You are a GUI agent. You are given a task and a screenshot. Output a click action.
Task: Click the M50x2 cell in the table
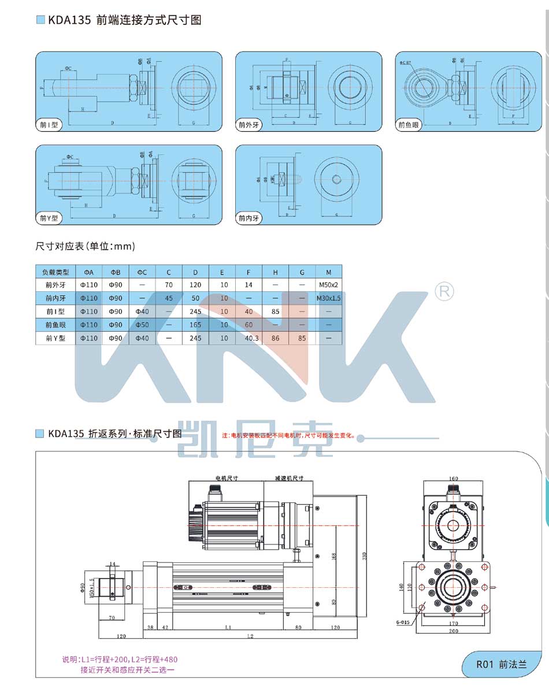pos(328,285)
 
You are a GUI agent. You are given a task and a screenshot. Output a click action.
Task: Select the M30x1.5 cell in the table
pos(328,298)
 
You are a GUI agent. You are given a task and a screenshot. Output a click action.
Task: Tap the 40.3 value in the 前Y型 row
pos(248,338)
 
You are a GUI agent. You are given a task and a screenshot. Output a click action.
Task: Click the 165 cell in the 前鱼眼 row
pos(195,325)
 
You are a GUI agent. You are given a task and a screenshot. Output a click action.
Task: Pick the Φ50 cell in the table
pos(142,325)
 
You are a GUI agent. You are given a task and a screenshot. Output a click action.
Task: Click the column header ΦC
pos(142,272)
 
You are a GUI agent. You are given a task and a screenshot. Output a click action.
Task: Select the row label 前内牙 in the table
pos(55,298)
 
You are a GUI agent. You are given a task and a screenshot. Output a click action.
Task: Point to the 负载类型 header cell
pos(55,272)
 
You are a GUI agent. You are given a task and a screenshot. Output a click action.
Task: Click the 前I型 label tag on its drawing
pos(49,125)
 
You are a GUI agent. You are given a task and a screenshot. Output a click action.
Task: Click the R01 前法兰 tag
pos(501,664)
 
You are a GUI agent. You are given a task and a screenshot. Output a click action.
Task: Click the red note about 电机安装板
pos(290,435)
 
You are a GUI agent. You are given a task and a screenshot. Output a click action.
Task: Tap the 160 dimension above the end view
pos(453,479)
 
